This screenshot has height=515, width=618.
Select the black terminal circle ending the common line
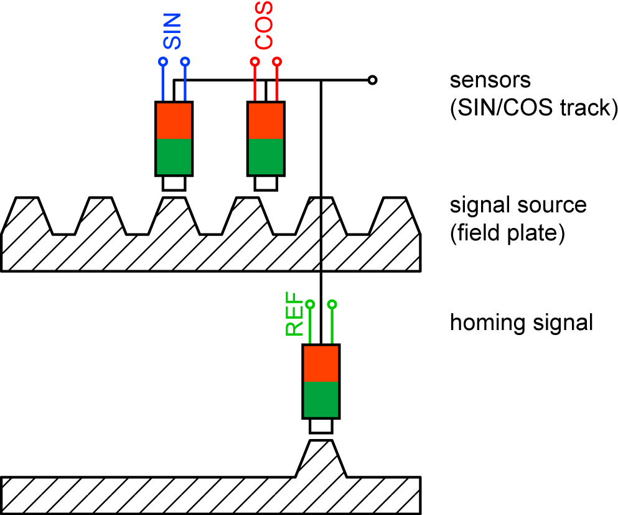372,80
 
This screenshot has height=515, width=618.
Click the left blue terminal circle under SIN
162,62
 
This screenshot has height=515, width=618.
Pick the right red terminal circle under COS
278,62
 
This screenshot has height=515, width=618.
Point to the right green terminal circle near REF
332,304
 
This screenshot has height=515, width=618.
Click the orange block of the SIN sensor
174,120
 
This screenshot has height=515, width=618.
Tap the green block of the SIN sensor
174,156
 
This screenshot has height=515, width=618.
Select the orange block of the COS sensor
266,120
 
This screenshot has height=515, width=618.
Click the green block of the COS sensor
266,156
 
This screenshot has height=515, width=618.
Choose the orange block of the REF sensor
321,363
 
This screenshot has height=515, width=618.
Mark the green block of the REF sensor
321,399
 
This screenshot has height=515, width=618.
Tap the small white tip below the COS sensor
266,183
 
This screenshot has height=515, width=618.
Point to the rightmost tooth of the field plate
395,215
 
